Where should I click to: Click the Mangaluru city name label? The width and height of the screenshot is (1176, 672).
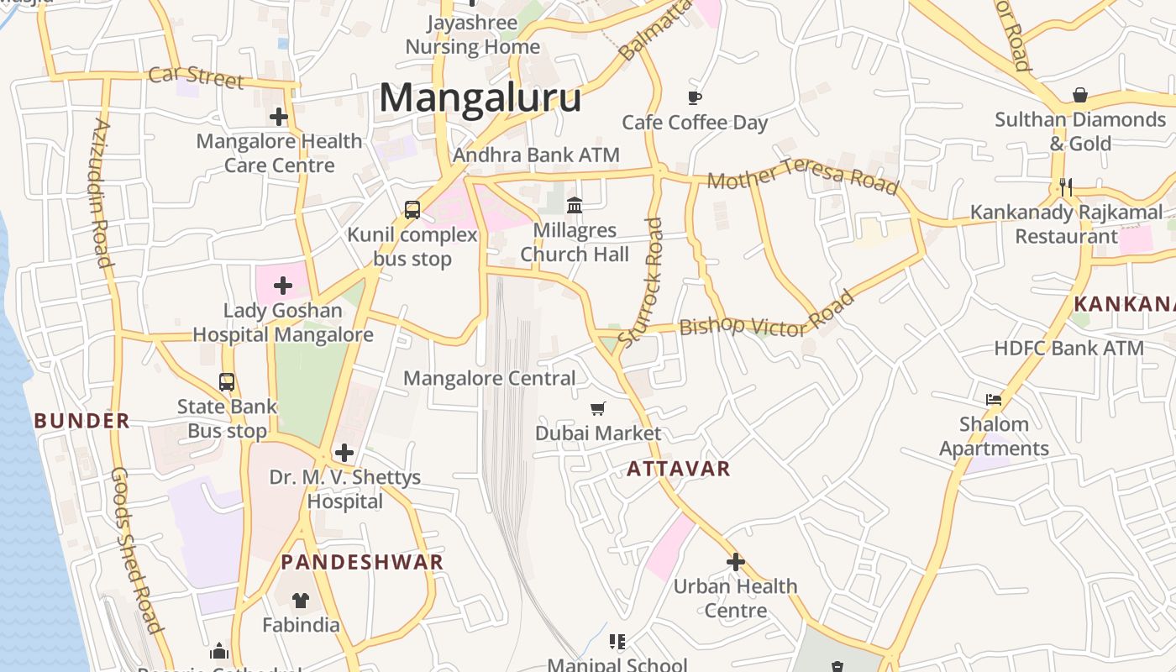point(480,97)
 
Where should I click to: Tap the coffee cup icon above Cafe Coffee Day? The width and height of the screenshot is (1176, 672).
point(695,97)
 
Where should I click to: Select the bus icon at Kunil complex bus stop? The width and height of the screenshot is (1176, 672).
point(412,210)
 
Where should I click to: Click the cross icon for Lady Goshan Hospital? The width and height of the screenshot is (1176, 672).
point(283,286)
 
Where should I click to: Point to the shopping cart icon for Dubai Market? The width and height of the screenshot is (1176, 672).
point(598,408)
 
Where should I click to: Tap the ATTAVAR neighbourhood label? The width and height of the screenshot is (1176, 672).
point(679,469)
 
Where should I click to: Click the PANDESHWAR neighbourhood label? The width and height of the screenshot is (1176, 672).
point(362,562)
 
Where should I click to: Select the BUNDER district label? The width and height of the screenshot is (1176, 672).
point(82,421)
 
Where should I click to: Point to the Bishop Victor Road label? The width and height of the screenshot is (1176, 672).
point(766,314)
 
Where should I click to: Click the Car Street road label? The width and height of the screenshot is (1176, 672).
point(197,76)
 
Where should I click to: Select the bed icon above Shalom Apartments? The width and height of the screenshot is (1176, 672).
point(994,400)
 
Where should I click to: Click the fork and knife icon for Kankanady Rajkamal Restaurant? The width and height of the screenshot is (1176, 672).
point(1066,186)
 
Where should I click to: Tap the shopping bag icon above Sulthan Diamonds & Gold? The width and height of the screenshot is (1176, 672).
point(1080,95)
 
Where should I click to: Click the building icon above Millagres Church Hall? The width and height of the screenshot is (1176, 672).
point(575,205)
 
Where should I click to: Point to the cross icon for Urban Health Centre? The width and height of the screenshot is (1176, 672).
point(736,561)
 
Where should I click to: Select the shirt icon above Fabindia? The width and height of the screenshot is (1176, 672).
point(301,600)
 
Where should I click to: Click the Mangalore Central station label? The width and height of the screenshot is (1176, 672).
point(490,378)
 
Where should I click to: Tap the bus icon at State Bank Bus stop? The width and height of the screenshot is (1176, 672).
point(227,382)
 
